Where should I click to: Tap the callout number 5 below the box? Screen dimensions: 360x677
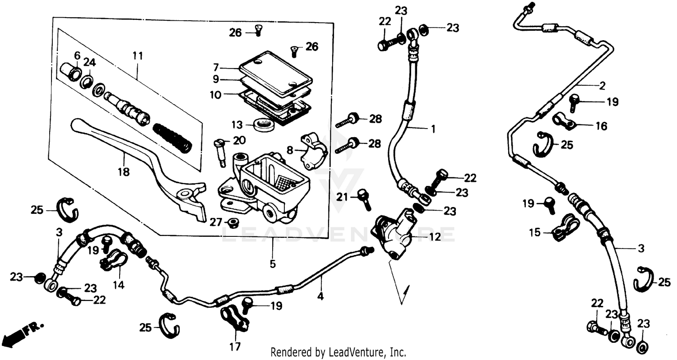(x=273, y=263)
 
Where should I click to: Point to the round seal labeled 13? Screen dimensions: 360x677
(x=263, y=124)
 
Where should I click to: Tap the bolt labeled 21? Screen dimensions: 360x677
(x=364, y=198)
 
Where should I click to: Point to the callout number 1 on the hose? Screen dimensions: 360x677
(x=432, y=129)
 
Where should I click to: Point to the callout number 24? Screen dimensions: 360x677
(x=89, y=62)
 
